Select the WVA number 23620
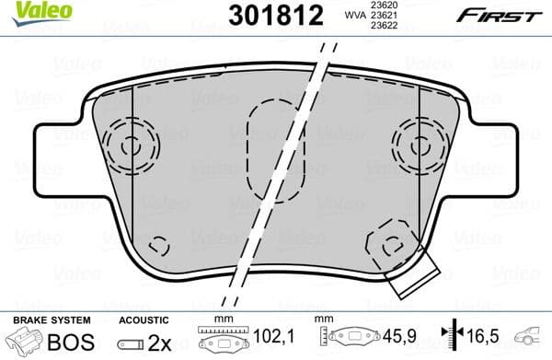(382, 6)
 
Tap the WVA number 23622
(382, 27)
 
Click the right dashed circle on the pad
(421, 144)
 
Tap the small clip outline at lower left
(159, 246)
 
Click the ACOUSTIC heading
(144, 319)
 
